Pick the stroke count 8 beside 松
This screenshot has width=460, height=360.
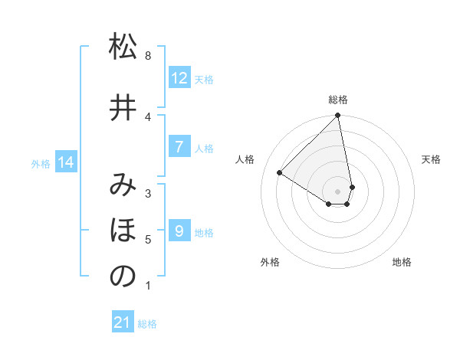point(148,56)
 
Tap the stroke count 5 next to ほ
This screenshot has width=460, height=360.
point(148,240)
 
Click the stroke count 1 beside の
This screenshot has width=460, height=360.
point(148,286)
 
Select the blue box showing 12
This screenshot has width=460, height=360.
point(179,78)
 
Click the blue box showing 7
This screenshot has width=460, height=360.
point(179,147)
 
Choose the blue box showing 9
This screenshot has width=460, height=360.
point(179,231)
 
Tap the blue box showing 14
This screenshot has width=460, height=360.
point(66,162)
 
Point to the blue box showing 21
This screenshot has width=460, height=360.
point(123,323)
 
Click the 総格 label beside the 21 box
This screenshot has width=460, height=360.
point(147,324)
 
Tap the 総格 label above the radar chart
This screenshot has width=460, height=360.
point(338,100)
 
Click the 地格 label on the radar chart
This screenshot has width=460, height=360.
point(402,262)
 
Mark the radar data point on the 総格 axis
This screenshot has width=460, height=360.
point(338,116)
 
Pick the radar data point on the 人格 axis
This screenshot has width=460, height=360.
point(280,172)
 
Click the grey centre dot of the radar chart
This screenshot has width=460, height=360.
point(338,191)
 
